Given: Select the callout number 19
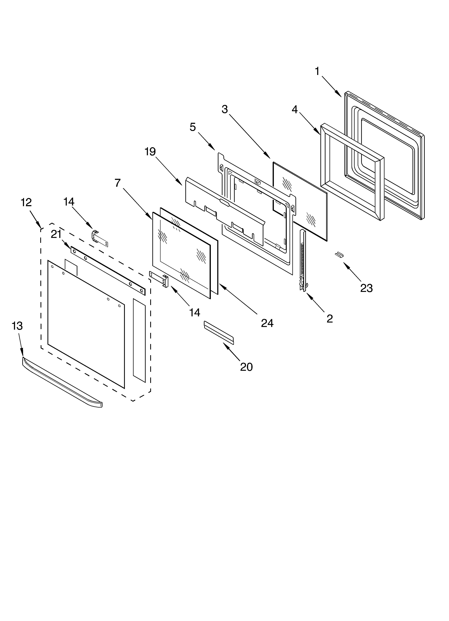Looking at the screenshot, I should point(150,151).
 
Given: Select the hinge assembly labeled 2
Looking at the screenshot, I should point(303,260).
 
